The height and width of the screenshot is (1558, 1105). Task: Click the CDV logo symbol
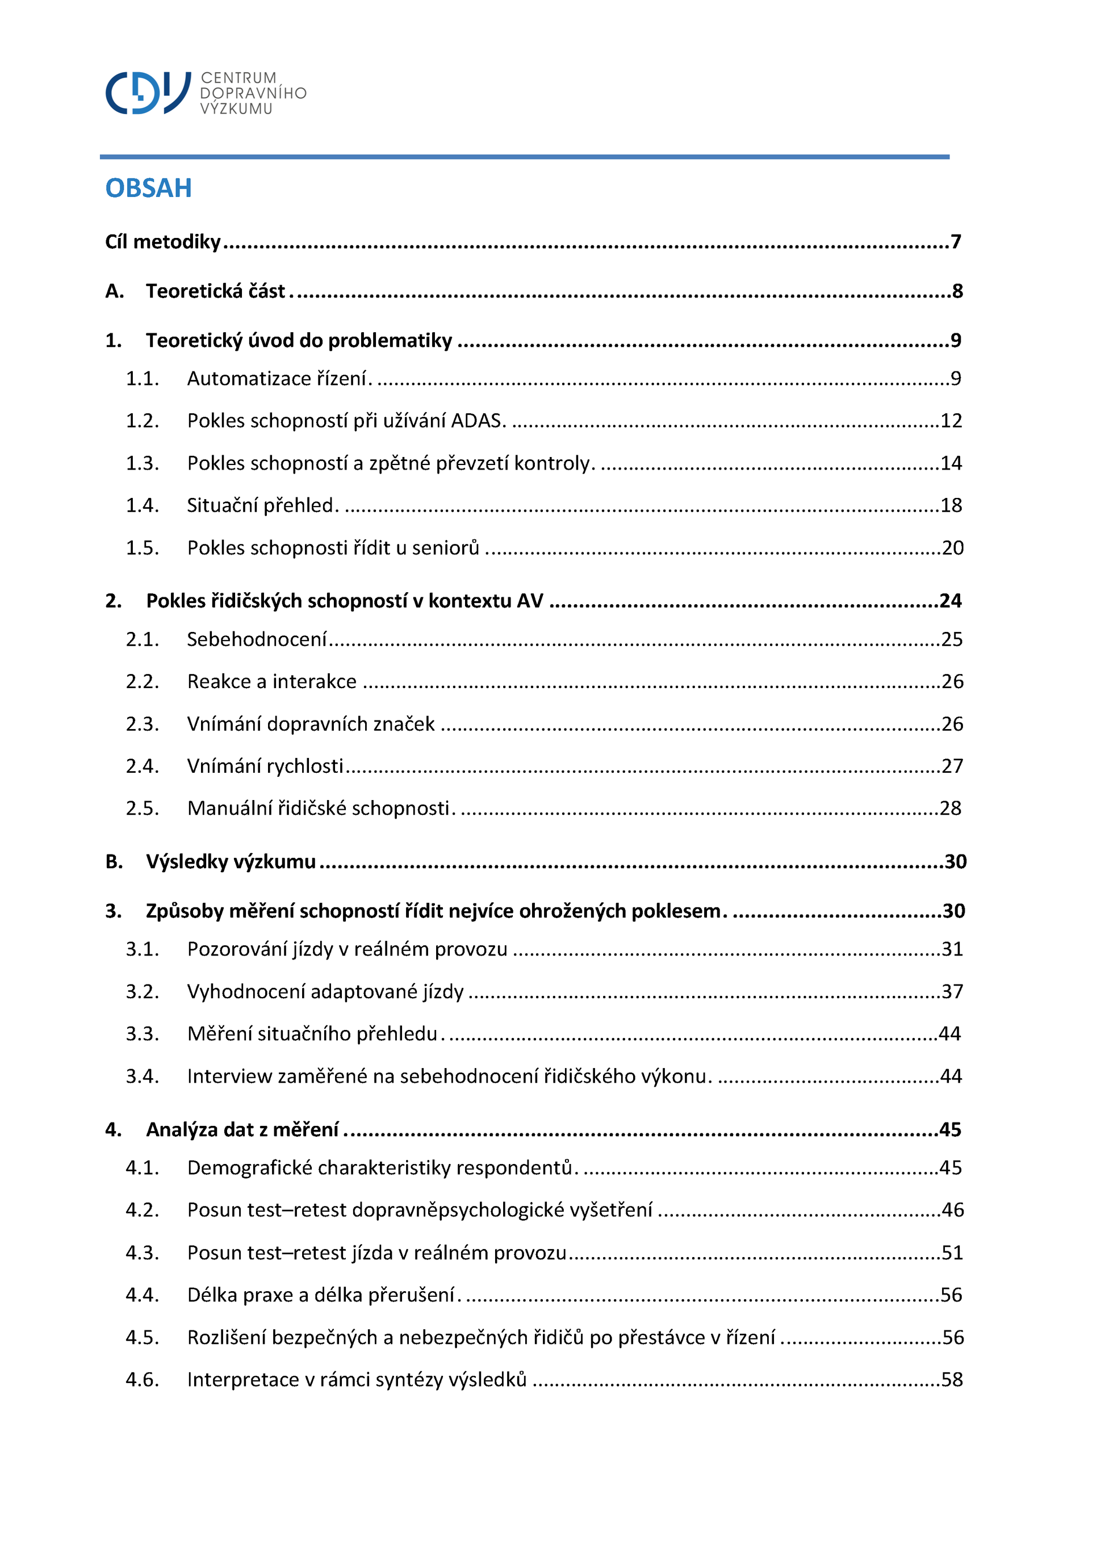148,92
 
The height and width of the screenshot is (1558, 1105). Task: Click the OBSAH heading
148,188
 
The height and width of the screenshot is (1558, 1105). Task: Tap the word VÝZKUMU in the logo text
236,109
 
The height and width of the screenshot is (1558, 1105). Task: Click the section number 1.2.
142,421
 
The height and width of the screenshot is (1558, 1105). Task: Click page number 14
951,463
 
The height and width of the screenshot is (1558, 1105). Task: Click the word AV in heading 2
530,601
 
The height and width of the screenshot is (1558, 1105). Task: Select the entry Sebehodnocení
257,639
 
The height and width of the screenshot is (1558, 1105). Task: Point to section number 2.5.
142,809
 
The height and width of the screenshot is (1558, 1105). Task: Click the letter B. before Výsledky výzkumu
114,861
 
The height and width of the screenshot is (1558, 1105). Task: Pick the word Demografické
250,1167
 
